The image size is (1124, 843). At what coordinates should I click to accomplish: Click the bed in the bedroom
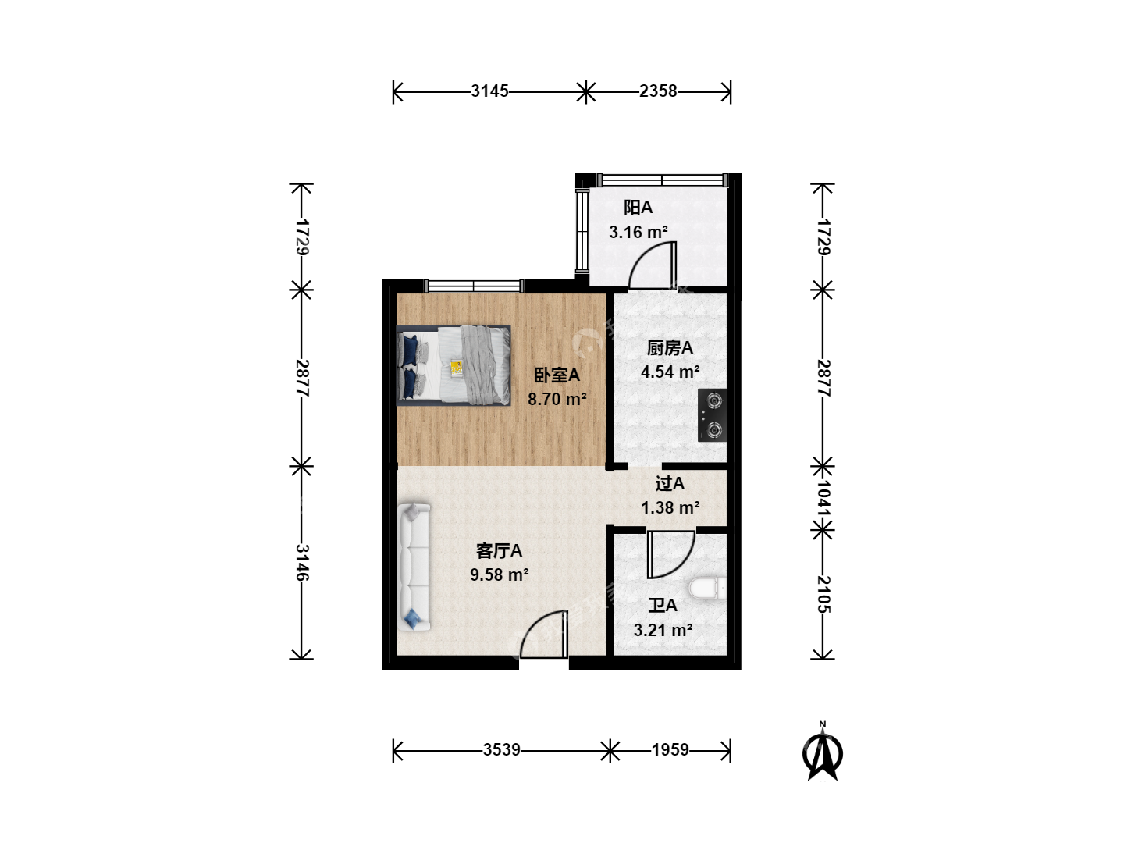point(454,365)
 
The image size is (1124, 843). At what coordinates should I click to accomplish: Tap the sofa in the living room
point(414,567)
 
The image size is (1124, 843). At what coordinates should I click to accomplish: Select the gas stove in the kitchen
point(713,415)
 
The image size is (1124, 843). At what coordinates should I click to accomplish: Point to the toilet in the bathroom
point(708,589)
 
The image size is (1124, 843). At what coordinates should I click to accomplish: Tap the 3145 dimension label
point(489,91)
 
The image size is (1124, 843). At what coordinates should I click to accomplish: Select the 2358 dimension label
point(658,91)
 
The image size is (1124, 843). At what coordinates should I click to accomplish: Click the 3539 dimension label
point(501,750)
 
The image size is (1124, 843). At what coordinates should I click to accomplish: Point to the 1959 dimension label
point(670,750)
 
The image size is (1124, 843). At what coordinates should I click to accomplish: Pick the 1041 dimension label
point(823,496)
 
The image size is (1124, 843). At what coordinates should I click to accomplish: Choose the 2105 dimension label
point(823,594)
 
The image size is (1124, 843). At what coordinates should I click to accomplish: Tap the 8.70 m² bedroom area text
point(557,399)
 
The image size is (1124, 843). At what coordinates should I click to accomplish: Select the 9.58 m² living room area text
point(500,574)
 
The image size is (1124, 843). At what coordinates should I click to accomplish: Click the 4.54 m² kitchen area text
point(670,372)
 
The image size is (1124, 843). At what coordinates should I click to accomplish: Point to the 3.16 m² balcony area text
point(638,233)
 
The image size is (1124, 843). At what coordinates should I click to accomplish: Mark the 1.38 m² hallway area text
point(670,507)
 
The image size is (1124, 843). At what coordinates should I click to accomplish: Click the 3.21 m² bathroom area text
point(663,630)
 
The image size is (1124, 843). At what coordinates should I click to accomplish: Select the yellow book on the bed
point(457,368)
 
